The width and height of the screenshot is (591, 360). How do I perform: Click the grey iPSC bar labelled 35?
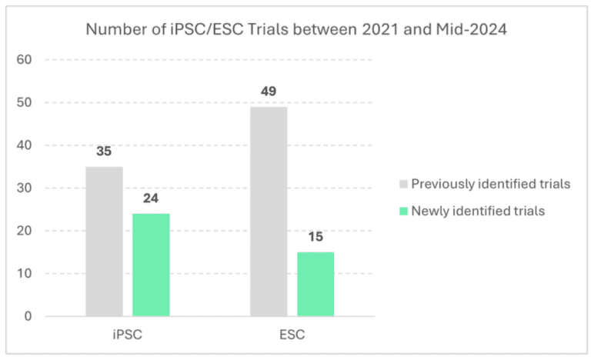104,242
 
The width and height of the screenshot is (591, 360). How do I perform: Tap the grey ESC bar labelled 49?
269,212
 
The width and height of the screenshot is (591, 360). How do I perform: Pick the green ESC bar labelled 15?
316,284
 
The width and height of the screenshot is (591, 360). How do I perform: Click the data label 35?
104,152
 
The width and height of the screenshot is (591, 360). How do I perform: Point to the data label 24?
151,198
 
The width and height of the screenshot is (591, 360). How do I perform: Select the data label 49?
269,92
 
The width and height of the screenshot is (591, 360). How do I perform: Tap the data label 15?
316,237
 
